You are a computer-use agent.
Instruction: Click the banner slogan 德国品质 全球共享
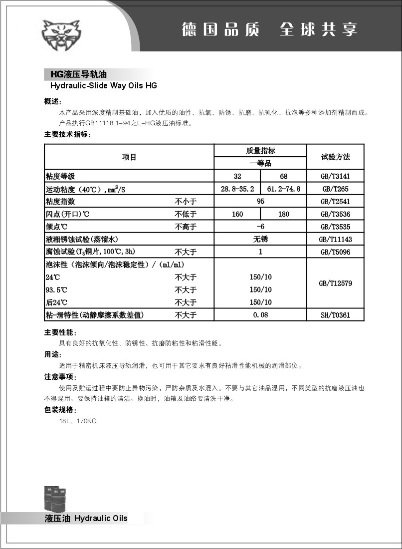269,29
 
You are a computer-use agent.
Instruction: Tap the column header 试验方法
335,157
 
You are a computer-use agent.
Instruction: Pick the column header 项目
129,157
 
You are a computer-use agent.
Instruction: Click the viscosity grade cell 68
283,176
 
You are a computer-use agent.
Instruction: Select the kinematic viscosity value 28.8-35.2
237,189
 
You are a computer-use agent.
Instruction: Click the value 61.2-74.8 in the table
283,189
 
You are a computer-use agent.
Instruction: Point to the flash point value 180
283,214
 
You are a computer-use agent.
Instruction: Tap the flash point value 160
237,214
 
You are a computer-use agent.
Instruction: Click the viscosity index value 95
260,202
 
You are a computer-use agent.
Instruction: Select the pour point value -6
260,227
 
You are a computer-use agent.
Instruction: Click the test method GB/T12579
335,283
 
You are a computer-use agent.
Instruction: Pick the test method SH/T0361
335,315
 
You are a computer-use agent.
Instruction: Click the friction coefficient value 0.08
260,315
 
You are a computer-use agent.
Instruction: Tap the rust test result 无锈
260,240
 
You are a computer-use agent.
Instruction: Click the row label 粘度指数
60,202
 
